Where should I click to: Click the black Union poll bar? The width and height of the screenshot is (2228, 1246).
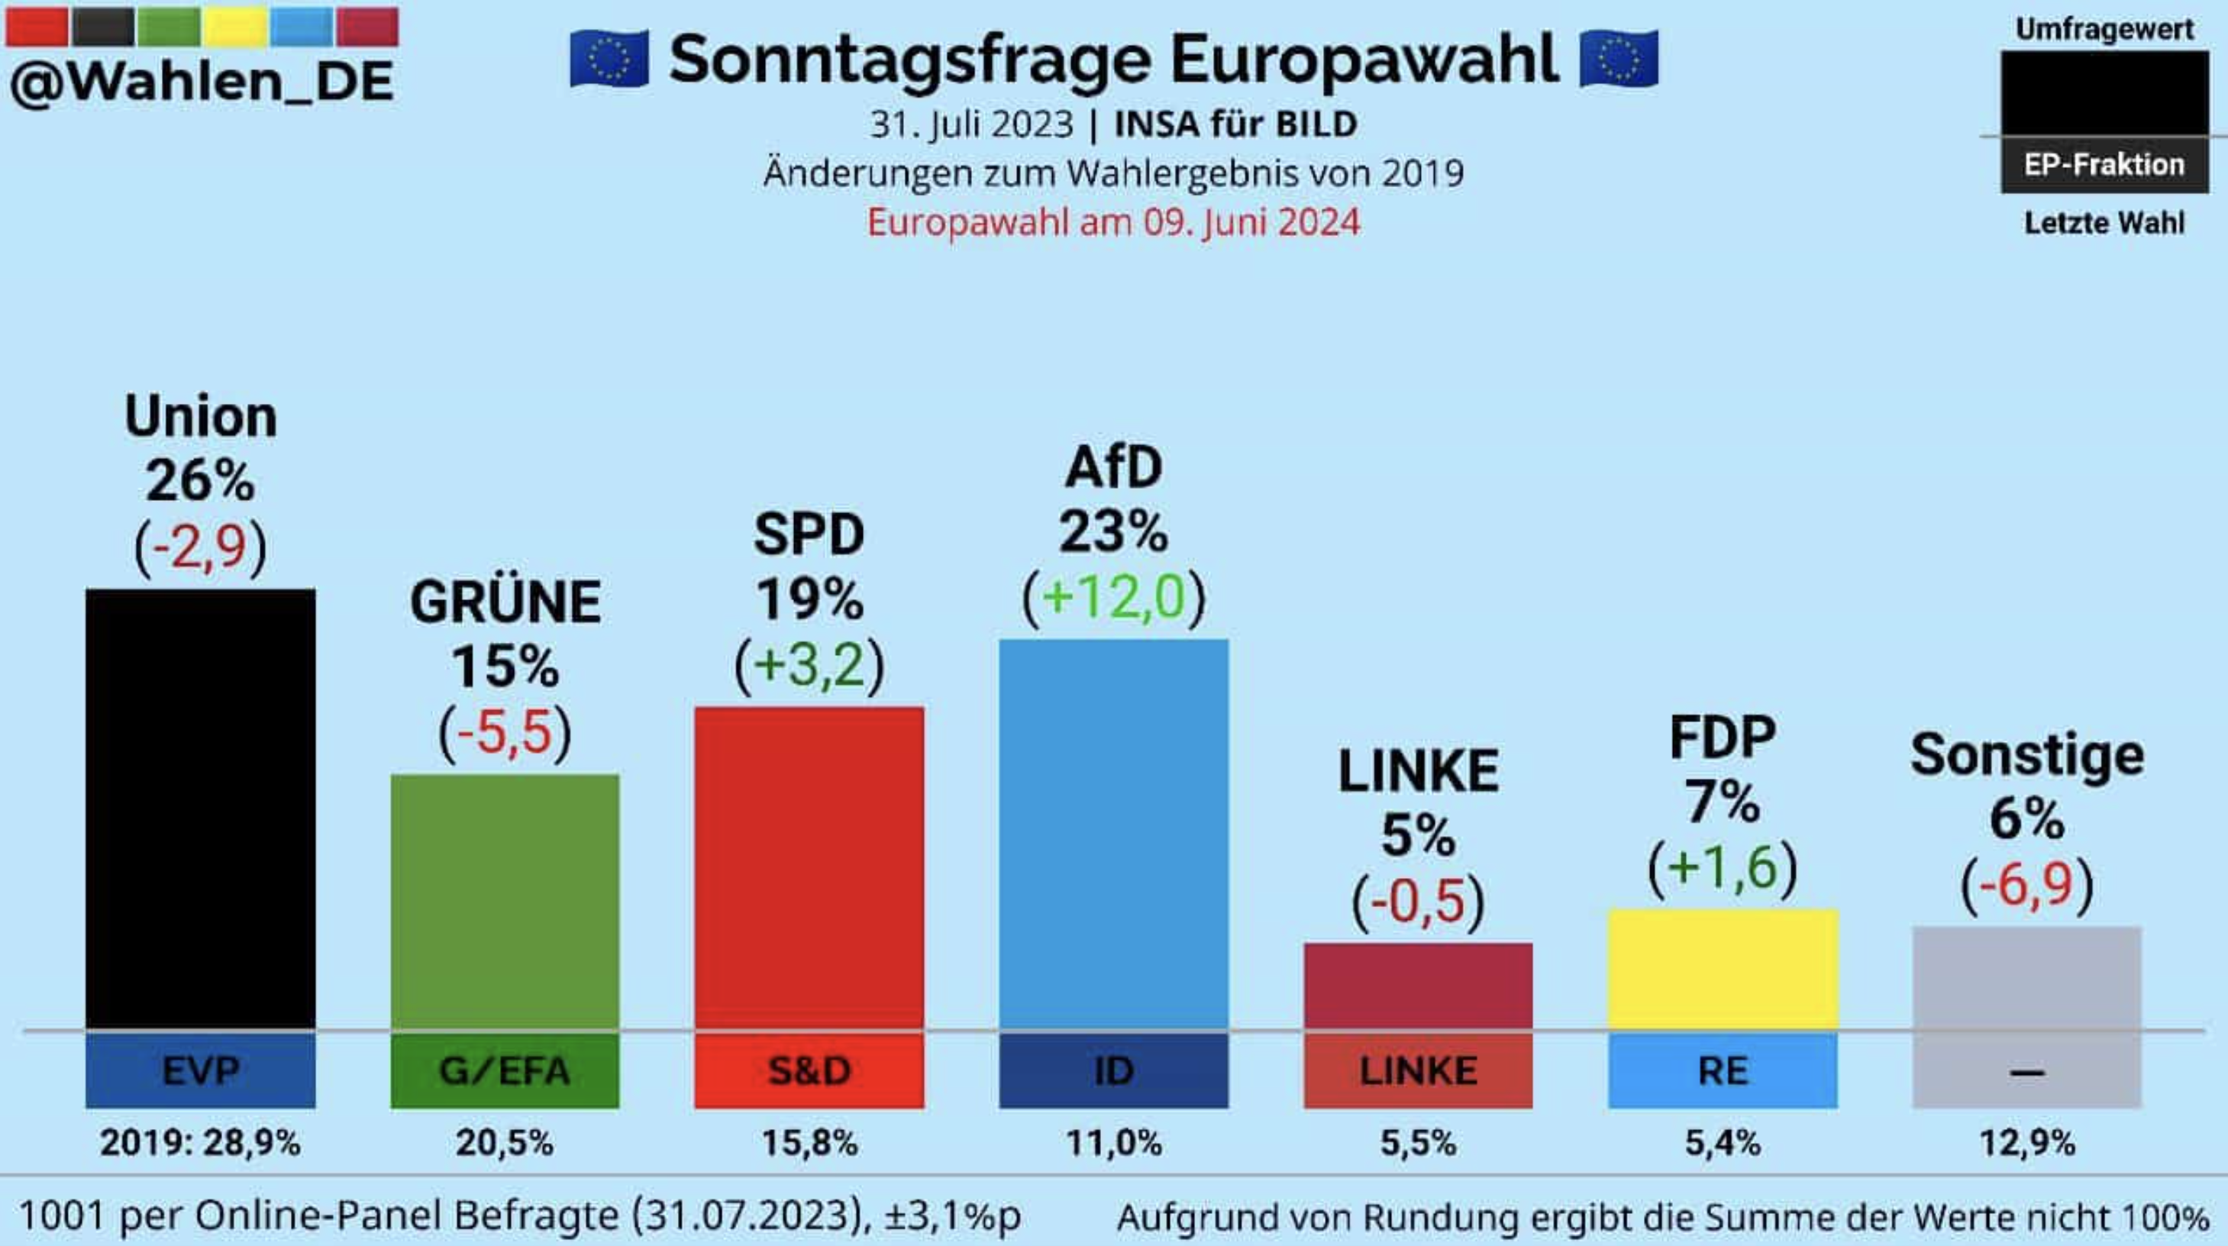200,809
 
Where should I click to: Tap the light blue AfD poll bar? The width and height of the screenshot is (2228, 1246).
1113,834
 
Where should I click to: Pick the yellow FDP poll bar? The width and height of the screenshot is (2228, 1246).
1722,968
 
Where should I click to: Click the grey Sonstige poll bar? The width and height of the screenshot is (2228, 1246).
2026,977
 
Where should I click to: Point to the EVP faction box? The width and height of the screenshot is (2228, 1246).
200,1071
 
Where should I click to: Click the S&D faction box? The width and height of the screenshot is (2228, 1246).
809,1071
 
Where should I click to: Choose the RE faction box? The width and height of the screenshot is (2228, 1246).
1722,1071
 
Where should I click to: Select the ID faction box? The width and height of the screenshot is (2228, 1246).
1113,1071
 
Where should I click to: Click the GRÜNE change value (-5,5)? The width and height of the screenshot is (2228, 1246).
505,733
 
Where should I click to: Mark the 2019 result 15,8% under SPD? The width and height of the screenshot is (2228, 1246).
809,1143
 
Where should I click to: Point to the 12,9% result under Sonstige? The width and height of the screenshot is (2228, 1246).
2026,1143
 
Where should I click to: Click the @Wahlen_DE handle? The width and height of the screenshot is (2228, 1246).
202,82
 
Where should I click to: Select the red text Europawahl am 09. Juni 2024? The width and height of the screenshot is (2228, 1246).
1113,222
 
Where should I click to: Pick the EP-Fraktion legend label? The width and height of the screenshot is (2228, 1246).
2104,164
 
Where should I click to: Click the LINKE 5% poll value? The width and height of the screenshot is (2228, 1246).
1418,835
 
